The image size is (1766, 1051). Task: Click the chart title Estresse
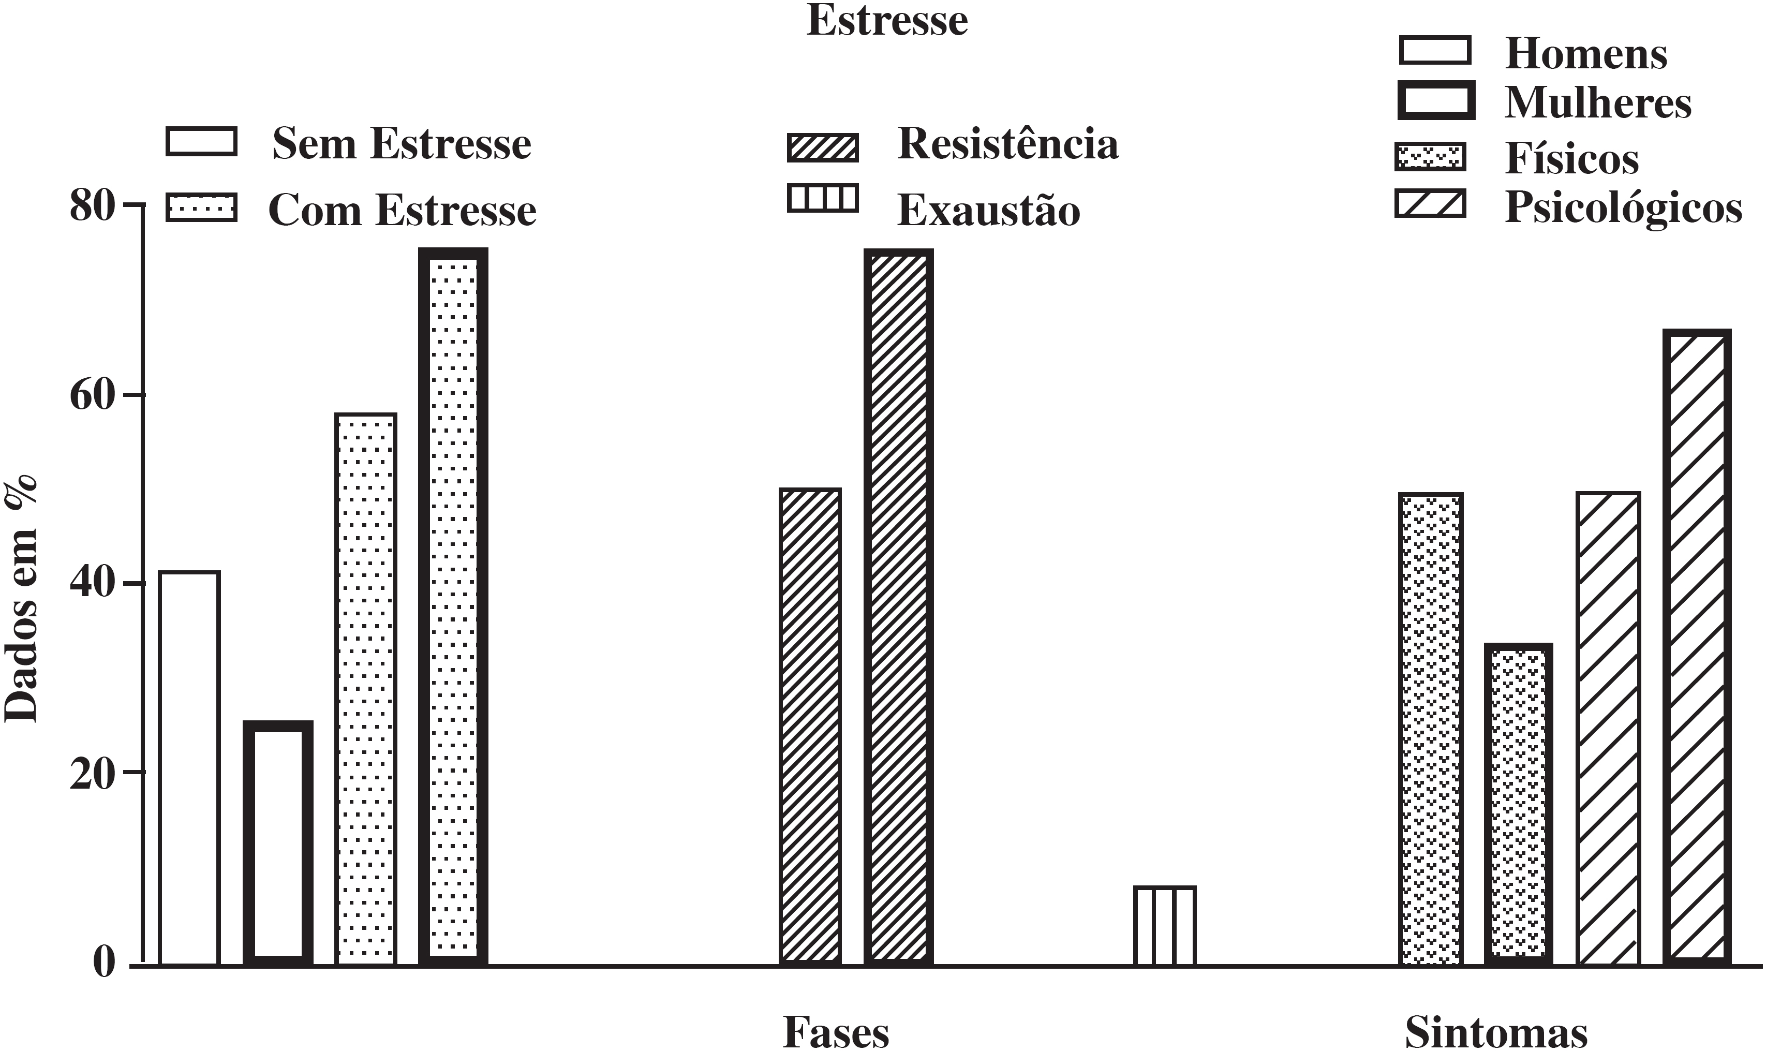[886, 21]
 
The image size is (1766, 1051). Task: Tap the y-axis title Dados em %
[21, 598]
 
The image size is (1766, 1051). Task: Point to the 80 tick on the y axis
[92, 207]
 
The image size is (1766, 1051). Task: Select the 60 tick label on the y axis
[92, 396]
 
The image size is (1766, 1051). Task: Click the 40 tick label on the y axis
[92, 585]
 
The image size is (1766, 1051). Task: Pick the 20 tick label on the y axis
[92, 774]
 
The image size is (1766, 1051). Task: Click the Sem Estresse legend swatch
[201, 142]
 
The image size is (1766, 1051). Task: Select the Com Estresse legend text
[402, 210]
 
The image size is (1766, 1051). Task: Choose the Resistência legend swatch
[822, 148]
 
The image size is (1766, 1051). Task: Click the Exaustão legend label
[988, 210]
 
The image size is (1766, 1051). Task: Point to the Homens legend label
[1585, 54]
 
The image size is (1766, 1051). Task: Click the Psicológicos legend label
[1623, 208]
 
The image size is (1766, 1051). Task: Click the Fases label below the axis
[836, 1032]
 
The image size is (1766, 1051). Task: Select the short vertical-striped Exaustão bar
[1164, 926]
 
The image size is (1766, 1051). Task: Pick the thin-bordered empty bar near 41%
[190, 768]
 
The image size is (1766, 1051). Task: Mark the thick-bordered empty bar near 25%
[277, 843]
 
